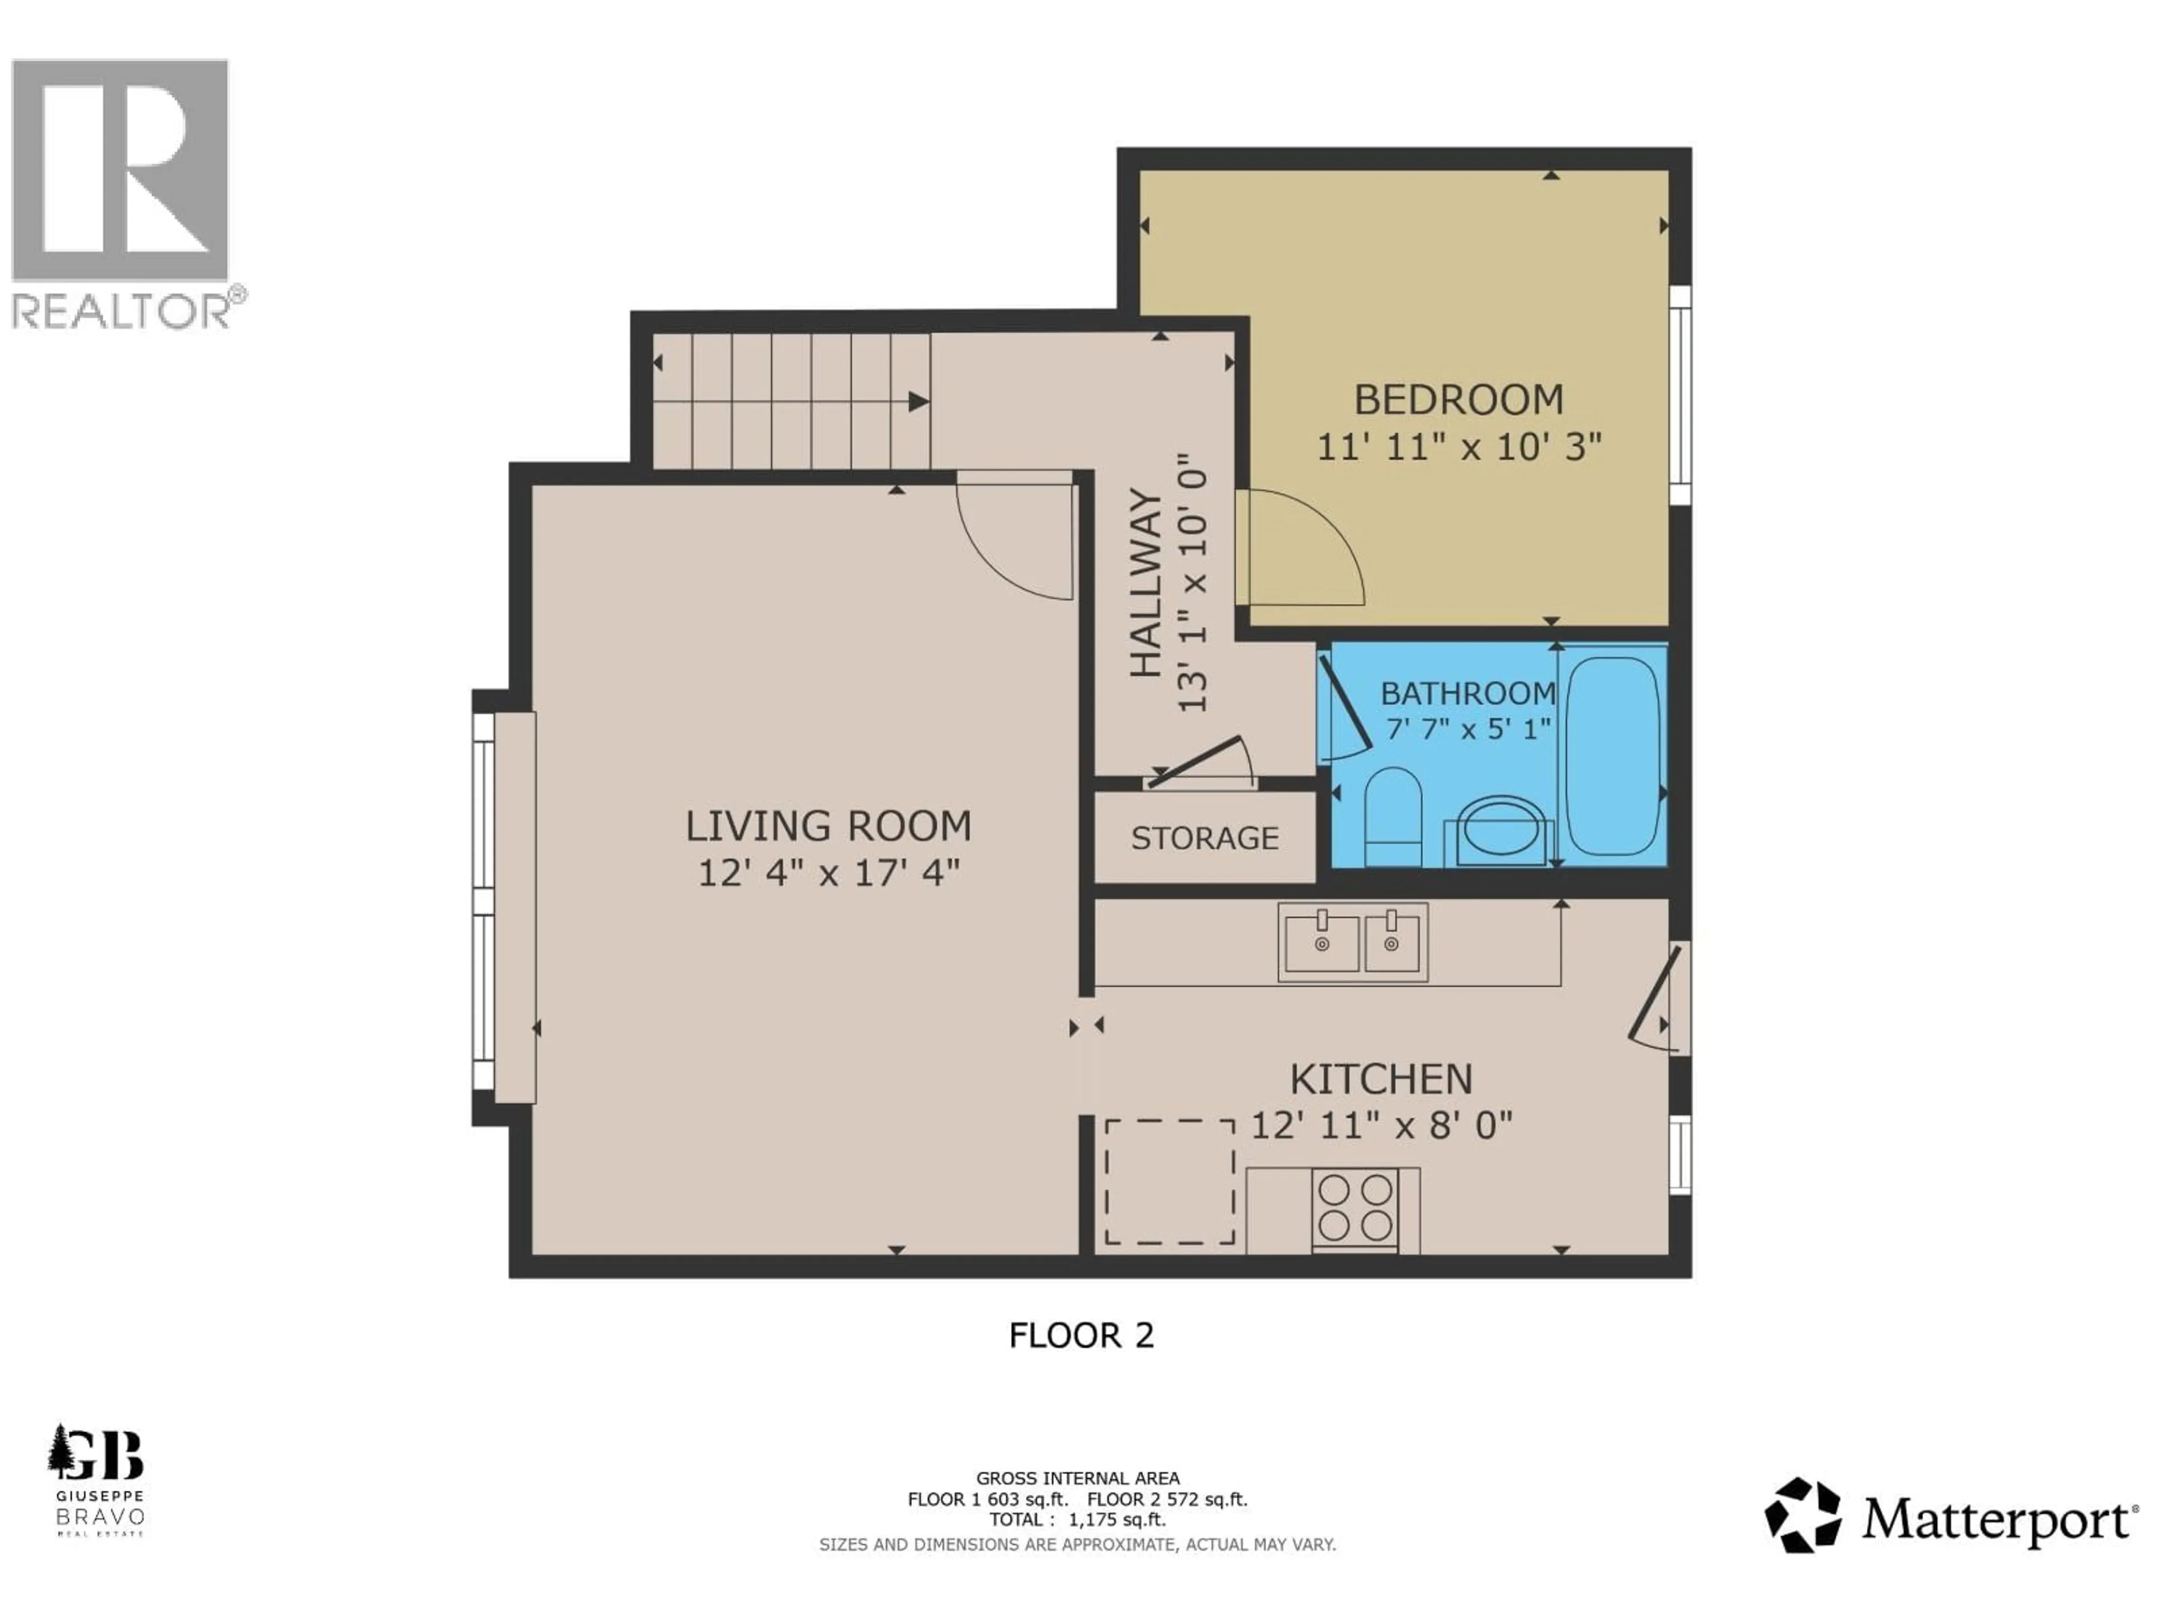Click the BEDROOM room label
tap(1458, 400)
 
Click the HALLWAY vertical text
tap(1146, 583)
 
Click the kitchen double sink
tap(1352, 942)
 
